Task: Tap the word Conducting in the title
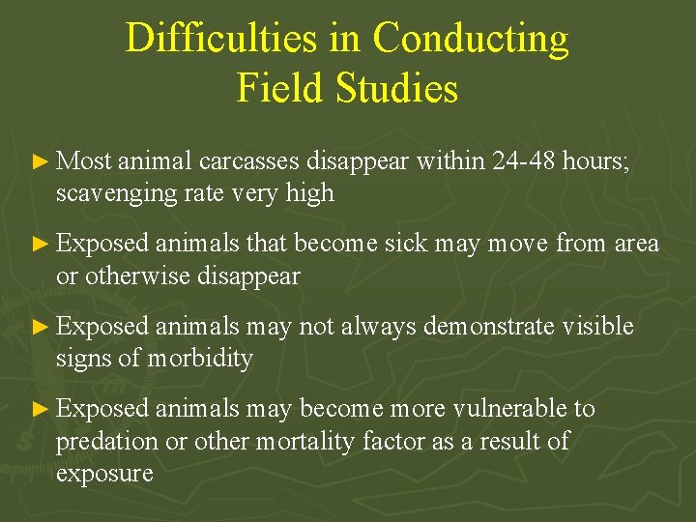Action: click(x=471, y=40)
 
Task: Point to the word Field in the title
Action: click(x=281, y=89)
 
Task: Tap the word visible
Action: click(x=599, y=328)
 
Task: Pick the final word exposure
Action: click(x=104, y=474)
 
